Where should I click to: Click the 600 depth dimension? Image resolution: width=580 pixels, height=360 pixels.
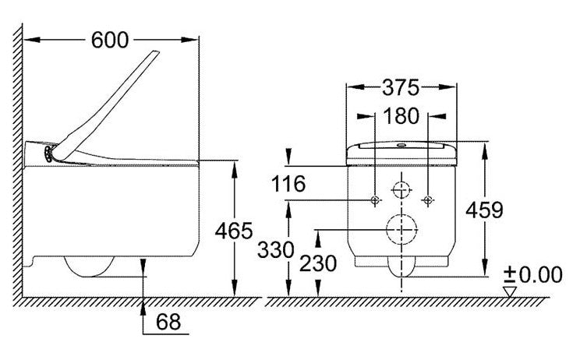(110, 40)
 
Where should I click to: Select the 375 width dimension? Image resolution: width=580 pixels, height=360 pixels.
(401, 87)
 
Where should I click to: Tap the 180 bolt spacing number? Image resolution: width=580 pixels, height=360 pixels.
(401, 116)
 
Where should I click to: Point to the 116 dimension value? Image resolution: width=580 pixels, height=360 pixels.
(288, 184)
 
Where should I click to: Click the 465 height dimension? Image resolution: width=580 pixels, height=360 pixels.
(234, 231)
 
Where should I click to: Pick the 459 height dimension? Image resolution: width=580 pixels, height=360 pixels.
(484, 210)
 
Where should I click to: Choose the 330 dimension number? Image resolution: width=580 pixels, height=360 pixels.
(275, 249)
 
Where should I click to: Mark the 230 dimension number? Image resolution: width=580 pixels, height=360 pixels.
(318, 263)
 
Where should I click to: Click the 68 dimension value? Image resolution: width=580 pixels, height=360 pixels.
(168, 322)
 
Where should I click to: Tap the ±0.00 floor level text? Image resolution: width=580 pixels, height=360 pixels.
(533, 274)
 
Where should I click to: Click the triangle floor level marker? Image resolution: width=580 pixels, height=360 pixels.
(510, 291)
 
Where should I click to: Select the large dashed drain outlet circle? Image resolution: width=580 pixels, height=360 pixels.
(401, 229)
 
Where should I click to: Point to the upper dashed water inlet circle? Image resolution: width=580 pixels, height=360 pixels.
(401, 190)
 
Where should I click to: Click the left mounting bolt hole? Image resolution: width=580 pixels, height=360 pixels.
(375, 200)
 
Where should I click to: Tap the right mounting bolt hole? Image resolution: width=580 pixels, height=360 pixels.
(428, 200)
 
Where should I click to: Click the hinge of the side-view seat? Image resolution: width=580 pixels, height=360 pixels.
(48, 154)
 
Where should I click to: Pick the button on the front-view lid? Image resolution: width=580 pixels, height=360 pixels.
(401, 145)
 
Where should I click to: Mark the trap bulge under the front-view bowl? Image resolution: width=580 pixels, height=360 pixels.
(401, 267)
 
